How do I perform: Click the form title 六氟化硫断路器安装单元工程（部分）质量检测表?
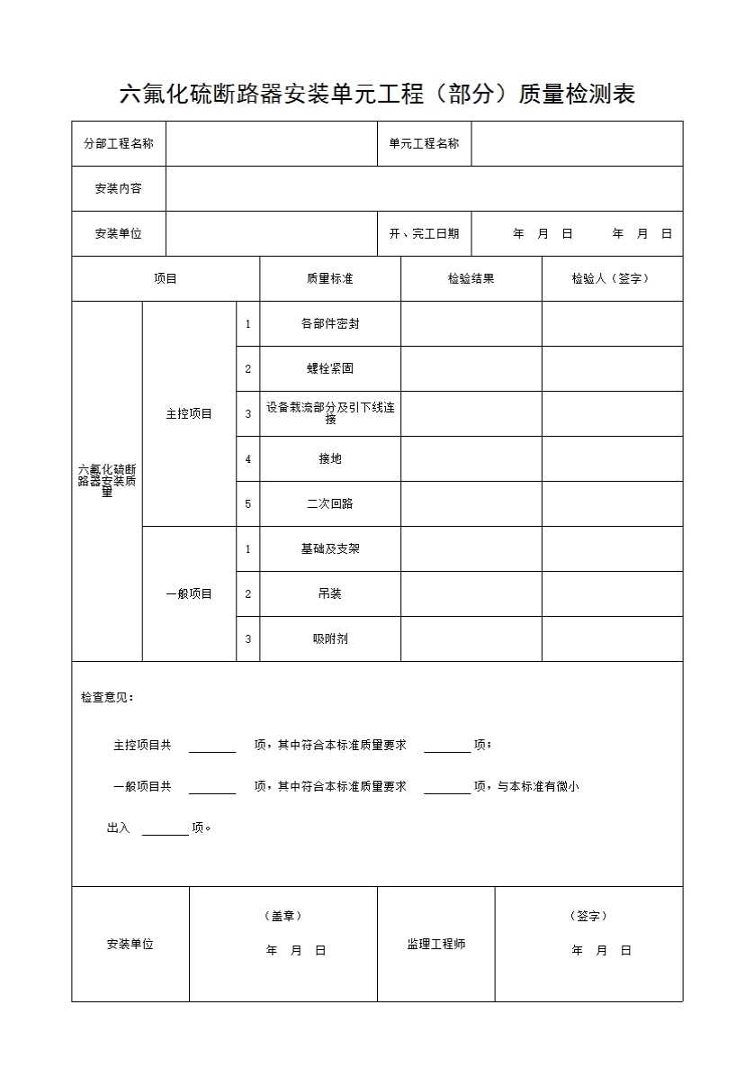tap(377, 95)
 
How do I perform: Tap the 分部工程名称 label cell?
tap(119, 144)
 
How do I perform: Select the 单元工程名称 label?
tap(424, 144)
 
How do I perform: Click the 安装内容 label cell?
tap(119, 189)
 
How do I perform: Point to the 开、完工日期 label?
tap(424, 234)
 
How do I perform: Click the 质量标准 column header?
tap(329, 279)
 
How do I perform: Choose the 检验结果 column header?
tap(471, 279)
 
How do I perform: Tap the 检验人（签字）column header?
tap(611, 279)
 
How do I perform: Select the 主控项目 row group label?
tap(189, 414)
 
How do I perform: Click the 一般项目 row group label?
tap(189, 594)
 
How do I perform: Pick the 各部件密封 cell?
tap(329, 324)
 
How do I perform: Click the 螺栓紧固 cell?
tap(329, 369)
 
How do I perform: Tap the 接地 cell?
tap(329, 459)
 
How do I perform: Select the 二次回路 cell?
tap(329, 504)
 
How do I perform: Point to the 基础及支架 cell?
tap(329, 549)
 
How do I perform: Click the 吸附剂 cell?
tap(329, 639)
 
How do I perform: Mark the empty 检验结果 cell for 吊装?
tap(471, 594)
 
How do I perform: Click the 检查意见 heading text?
tap(107, 698)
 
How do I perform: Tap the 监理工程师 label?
tap(435, 945)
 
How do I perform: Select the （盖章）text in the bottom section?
tap(283, 917)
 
